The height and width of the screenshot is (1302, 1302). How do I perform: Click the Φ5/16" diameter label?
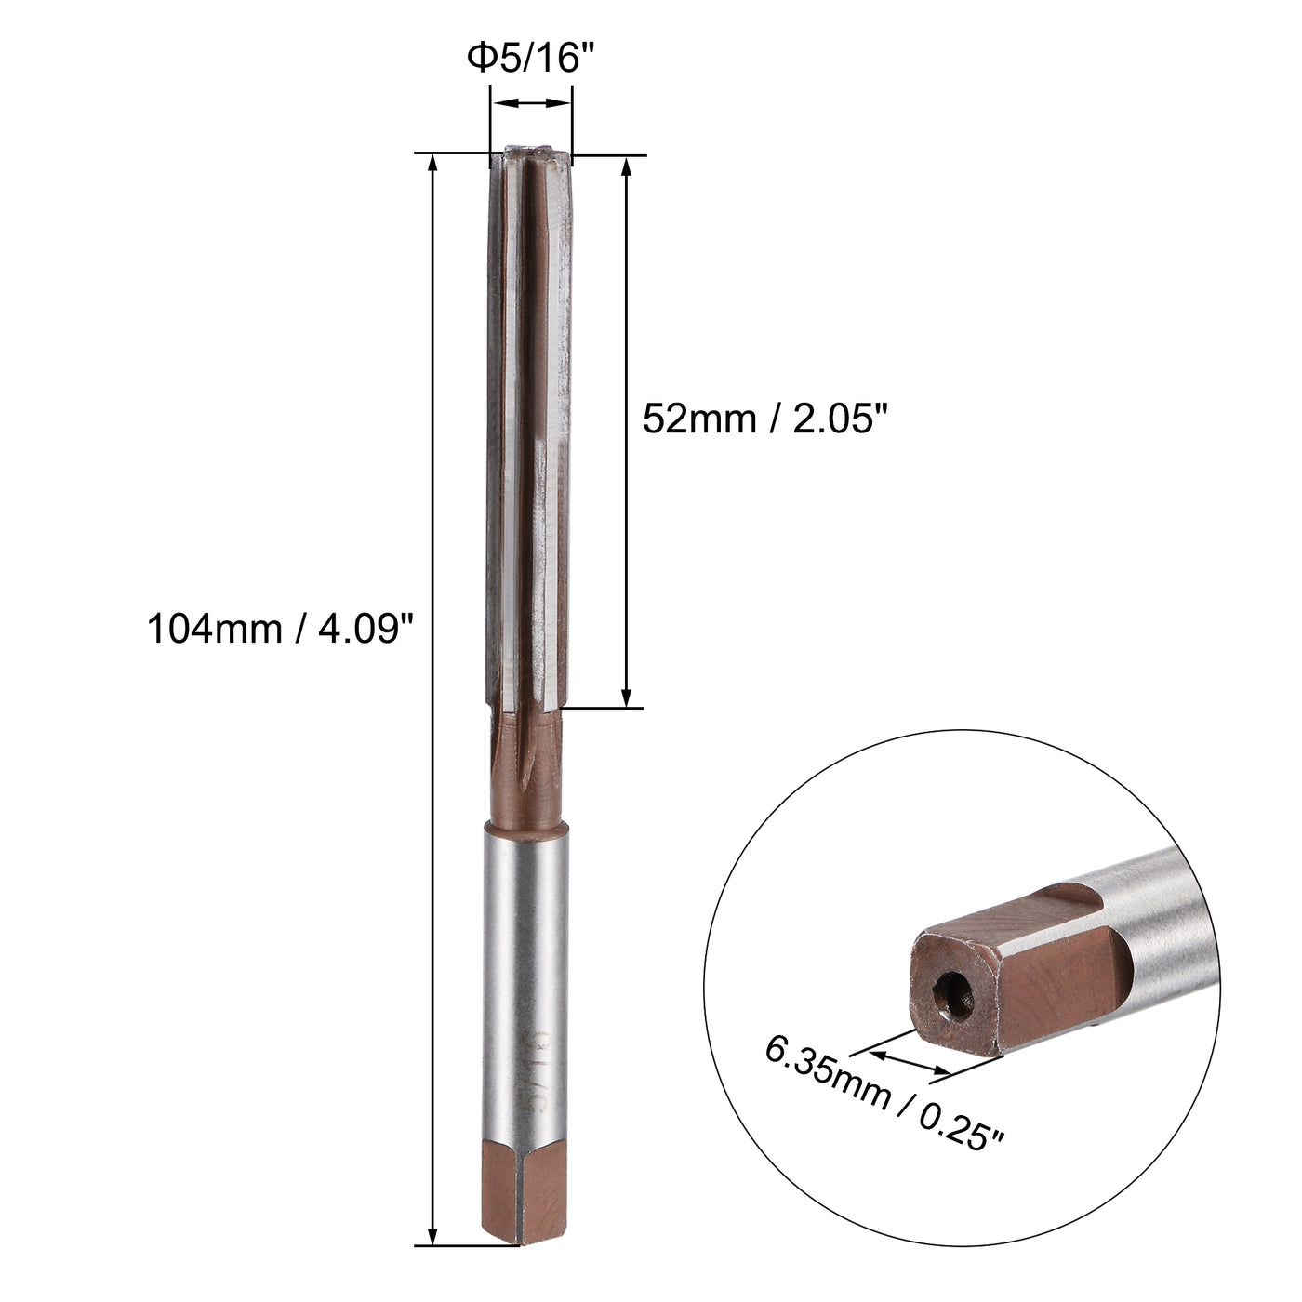click(530, 59)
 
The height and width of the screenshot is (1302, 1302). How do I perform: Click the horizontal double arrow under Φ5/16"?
click(530, 104)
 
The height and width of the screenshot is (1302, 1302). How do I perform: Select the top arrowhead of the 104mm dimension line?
click(432, 163)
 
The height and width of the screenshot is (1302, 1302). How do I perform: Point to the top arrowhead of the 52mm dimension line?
click(627, 166)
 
